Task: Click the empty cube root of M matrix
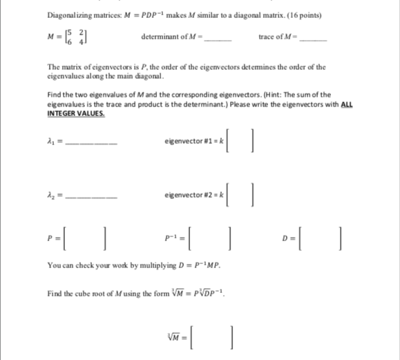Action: pos(212,337)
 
